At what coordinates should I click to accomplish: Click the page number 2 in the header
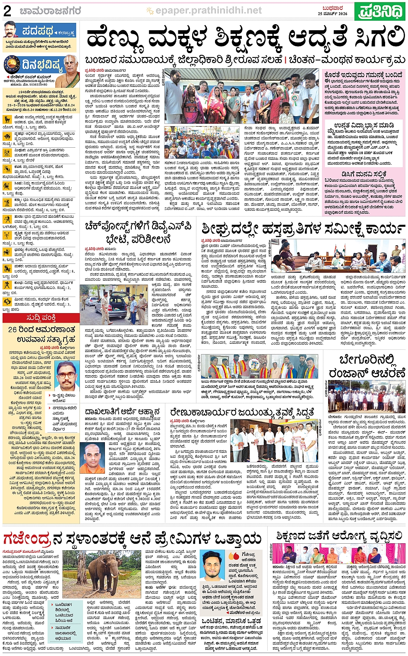click(7, 11)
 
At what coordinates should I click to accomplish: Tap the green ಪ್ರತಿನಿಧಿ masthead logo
click(381, 11)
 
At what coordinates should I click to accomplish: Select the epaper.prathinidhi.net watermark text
click(208, 10)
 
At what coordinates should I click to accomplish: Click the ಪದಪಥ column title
click(38, 32)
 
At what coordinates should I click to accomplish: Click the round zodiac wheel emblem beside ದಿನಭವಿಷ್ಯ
click(12, 66)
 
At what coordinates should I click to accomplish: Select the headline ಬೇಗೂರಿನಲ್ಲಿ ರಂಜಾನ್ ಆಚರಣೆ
click(367, 366)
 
